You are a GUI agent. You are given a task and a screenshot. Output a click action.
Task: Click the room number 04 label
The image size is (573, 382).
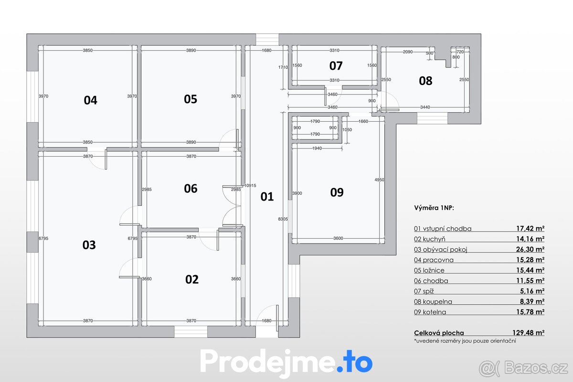tap(90, 100)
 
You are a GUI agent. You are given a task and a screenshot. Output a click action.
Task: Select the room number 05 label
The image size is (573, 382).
tap(191, 99)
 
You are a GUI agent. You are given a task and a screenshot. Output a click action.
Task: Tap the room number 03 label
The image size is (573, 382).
tap(89, 245)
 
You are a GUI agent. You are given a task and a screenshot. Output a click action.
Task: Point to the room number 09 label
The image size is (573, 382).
tap(337, 192)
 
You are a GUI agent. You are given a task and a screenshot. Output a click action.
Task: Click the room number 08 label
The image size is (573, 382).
tap(425, 81)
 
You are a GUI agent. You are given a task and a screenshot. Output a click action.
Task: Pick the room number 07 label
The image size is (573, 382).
tap(336, 65)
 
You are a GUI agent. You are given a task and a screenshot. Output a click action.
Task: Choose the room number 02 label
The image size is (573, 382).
tap(191, 279)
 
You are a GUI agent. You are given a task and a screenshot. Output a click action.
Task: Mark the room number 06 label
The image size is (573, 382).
tap(191, 189)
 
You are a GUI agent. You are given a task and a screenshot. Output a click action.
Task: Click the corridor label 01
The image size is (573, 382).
tap(267, 196)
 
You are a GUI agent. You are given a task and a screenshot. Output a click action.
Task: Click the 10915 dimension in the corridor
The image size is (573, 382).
tap(250, 185)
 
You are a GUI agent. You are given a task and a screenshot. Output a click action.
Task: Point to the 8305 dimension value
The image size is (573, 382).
tap(283, 219)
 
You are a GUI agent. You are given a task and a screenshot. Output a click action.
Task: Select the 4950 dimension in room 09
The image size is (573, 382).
tap(380, 180)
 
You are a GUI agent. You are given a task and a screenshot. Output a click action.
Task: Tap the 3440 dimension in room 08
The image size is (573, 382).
tap(425, 107)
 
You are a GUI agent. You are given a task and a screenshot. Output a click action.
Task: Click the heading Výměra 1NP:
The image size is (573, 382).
tap(434, 208)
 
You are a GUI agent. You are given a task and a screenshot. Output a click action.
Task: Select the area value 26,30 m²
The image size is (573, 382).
tap(532, 249)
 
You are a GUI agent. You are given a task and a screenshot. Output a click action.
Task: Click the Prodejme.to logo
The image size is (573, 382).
tap(286, 362)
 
